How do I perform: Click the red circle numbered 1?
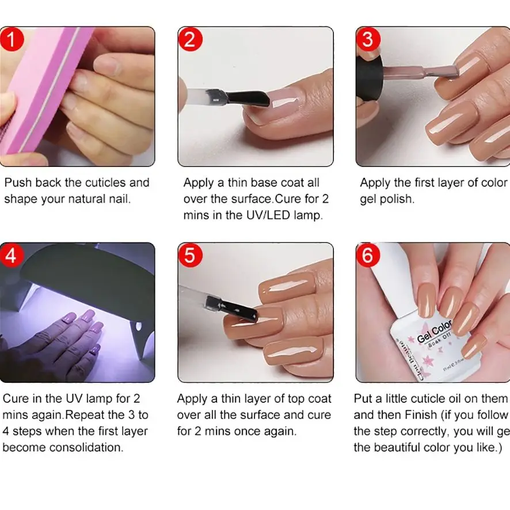11,40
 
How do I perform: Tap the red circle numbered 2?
190,40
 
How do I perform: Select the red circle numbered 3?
368,40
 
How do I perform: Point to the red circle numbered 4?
11,254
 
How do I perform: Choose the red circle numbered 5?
190,254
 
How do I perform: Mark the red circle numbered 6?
368,254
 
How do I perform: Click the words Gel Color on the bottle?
435,330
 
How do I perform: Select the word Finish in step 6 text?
421,414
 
